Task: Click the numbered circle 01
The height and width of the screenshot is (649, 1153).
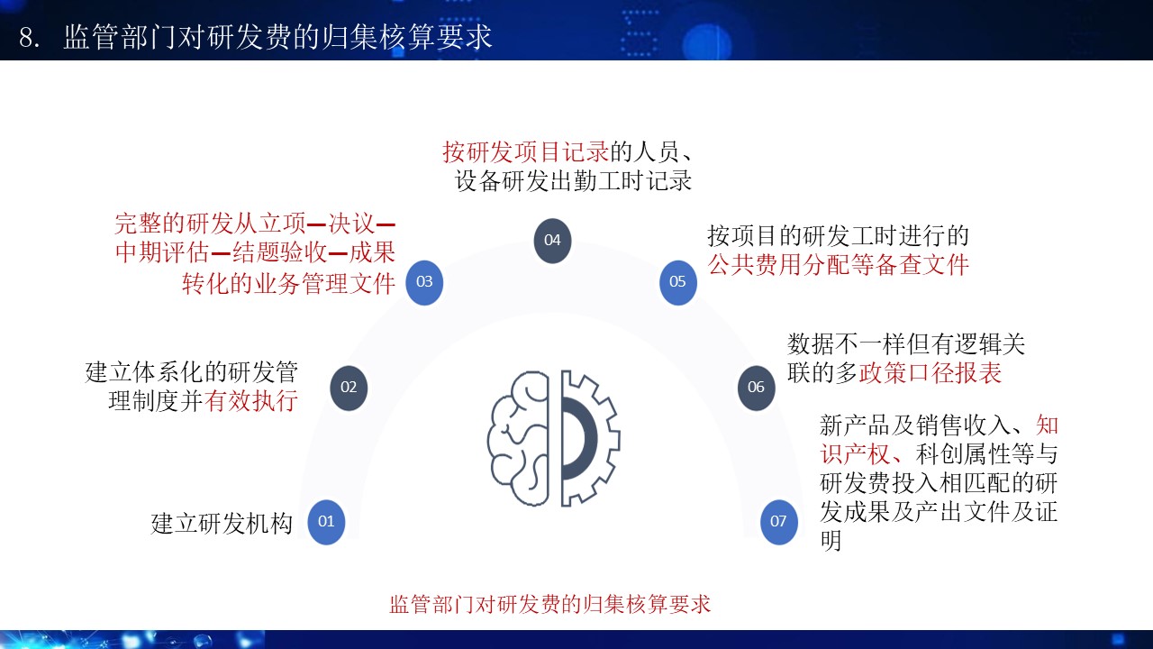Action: coord(326,522)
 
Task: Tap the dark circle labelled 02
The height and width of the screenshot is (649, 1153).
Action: coord(349,388)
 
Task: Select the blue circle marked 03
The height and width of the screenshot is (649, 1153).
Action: coord(424,282)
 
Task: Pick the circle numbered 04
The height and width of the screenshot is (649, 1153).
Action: coord(552,241)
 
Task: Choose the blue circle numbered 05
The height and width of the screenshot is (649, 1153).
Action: coord(678,282)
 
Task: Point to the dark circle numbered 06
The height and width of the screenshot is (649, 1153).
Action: coord(756,388)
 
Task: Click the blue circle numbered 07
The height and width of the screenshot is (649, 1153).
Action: coord(779,522)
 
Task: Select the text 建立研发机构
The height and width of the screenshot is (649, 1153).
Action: coord(222,524)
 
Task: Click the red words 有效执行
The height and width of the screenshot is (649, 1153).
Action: coord(251,401)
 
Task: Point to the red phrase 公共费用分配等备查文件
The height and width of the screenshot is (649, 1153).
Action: coord(838,265)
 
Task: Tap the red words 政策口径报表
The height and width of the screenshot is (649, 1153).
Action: coord(931,373)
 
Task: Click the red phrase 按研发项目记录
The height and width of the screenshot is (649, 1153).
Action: coord(526,152)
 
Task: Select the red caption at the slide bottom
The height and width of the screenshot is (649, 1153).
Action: coord(549,604)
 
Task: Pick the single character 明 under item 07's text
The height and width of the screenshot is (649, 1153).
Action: coord(831,540)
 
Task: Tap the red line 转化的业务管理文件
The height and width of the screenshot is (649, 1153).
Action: coord(289,283)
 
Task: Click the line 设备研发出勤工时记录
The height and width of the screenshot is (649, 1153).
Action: coord(573,181)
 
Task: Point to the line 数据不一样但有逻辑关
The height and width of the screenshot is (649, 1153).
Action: coord(906,344)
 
